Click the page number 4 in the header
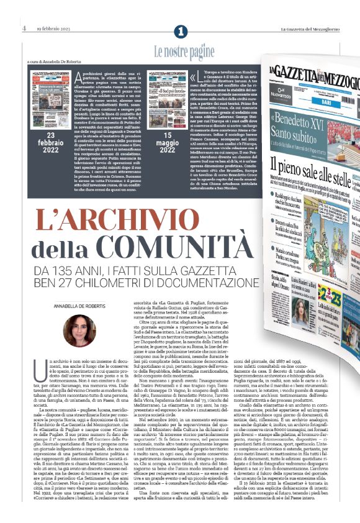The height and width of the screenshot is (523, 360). [x=24, y=28]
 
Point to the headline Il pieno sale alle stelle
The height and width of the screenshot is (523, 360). [x=310, y=162]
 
